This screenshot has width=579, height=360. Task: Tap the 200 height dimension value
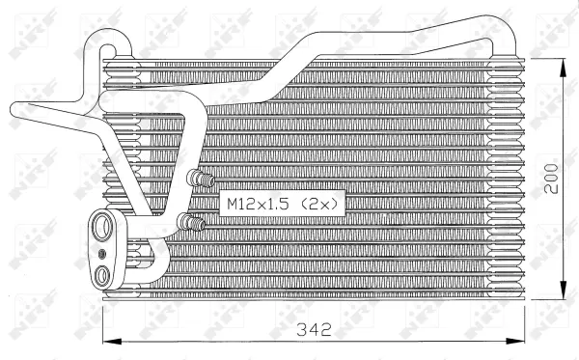(x=549, y=179)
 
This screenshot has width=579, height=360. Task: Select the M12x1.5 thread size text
(x=257, y=204)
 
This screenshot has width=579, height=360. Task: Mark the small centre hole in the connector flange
(x=104, y=253)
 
